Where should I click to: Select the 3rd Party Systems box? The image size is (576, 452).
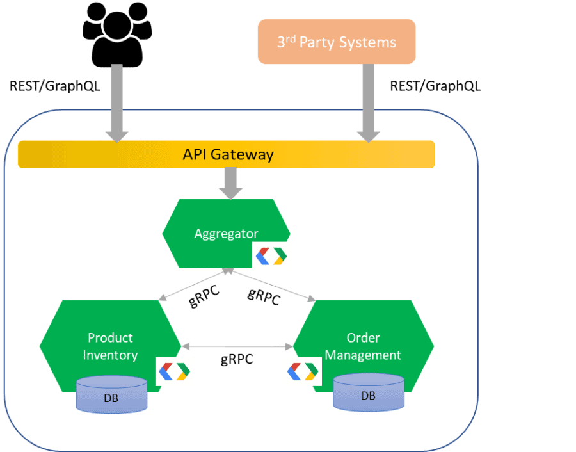coord(336,42)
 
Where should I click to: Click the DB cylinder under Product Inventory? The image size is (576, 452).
coord(111,394)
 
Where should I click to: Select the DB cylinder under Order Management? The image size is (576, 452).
coord(368,392)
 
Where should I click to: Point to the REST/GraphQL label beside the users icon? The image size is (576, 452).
coord(55,86)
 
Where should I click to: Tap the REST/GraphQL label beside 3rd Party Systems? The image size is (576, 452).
coord(435,86)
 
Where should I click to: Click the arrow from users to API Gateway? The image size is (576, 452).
coord(117,102)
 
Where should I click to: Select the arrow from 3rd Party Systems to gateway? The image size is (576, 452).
coord(368,102)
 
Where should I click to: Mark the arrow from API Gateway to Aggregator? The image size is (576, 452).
coord(230,183)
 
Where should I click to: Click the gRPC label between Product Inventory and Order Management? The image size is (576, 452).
coord(237,360)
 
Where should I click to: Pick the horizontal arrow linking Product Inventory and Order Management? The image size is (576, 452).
coord(237,346)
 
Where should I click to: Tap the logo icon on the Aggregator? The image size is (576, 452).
coord(271,256)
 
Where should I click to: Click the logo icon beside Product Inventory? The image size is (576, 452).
coord(174,371)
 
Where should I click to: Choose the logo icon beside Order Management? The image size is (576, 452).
coord(303,371)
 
